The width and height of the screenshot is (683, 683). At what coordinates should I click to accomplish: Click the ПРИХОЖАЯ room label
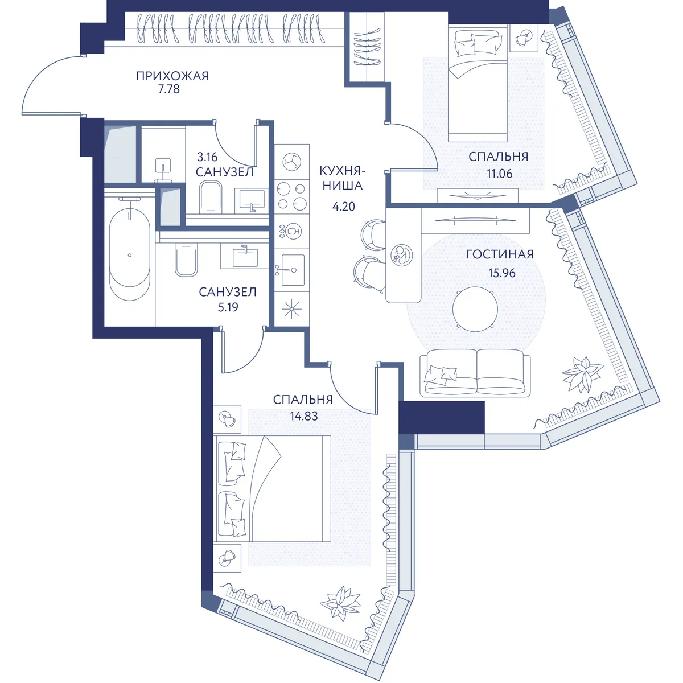click(172, 76)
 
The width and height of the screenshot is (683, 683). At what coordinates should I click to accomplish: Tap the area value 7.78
click(168, 89)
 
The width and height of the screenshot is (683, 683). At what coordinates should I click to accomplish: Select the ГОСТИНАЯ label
click(500, 254)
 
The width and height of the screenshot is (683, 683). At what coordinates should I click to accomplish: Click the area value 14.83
click(304, 416)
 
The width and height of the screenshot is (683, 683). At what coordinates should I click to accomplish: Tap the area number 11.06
click(499, 174)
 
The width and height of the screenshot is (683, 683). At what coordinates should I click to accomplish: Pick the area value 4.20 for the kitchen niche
click(343, 207)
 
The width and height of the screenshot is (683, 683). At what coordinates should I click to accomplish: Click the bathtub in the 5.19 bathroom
click(129, 254)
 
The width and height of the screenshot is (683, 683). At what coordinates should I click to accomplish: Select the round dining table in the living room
click(475, 309)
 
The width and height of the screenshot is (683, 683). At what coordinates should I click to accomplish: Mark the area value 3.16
click(207, 157)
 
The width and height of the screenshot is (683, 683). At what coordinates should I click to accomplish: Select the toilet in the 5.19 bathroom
click(186, 260)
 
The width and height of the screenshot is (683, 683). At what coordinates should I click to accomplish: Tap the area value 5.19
click(228, 307)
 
